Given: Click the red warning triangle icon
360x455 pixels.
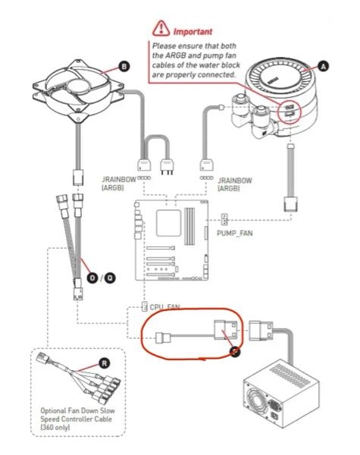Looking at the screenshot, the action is click(x=161, y=29).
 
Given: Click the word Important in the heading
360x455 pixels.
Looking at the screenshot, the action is click(x=193, y=32).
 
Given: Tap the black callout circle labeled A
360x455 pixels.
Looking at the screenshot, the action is click(x=323, y=67).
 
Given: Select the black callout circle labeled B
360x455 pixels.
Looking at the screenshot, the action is click(x=124, y=67).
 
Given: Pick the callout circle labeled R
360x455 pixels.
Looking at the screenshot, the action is click(x=105, y=363).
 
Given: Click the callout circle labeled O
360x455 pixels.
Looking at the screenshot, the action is click(x=92, y=278).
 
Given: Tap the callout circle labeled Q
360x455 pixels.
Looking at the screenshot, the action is click(x=110, y=278).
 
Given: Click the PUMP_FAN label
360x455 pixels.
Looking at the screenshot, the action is click(x=235, y=234).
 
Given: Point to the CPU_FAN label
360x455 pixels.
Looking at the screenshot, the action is click(x=164, y=307).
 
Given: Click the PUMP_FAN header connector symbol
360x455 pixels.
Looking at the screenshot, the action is click(x=224, y=219).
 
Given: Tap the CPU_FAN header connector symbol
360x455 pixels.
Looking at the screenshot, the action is click(x=144, y=306).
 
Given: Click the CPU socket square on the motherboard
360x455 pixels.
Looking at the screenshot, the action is click(x=168, y=223).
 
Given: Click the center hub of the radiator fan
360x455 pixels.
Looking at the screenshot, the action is click(x=78, y=86).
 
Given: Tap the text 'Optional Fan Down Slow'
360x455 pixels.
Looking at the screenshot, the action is click(x=78, y=410).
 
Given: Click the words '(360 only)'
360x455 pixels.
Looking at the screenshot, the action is click(x=55, y=428).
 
